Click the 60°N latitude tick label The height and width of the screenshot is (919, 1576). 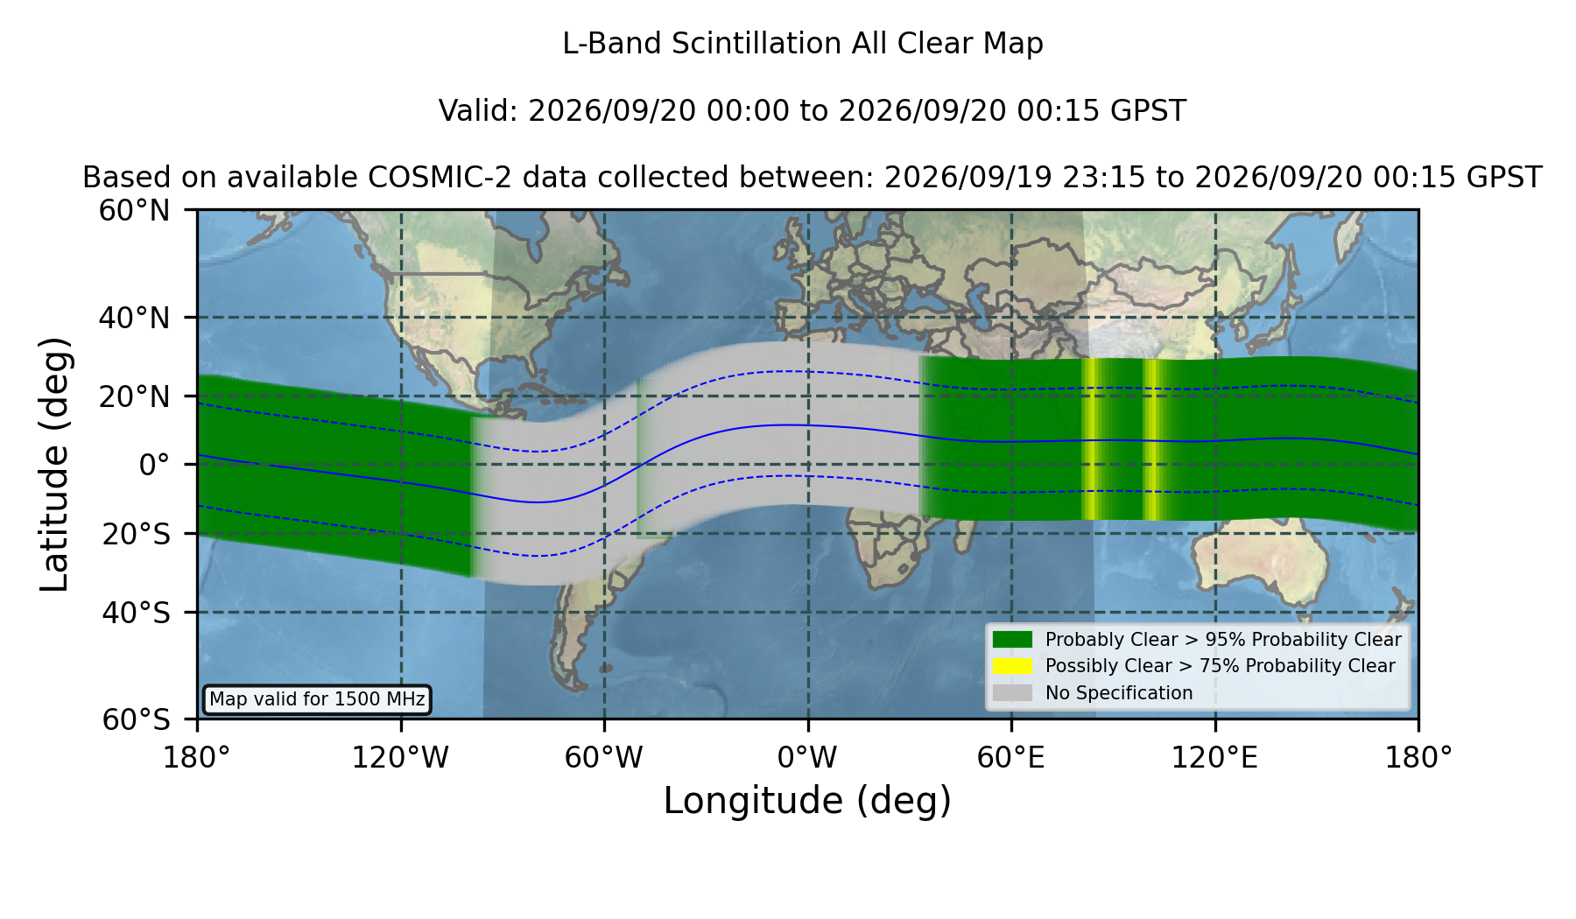pyautogui.click(x=134, y=211)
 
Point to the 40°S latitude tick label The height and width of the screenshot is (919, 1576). pyautogui.click(x=136, y=613)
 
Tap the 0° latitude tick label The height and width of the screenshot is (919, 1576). pyautogui.click(x=154, y=464)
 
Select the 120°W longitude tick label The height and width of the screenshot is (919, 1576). pyautogui.click(x=400, y=757)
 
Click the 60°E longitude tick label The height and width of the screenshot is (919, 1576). pyautogui.click(x=1011, y=757)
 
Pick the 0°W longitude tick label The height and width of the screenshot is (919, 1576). pyautogui.click(x=807, y=757)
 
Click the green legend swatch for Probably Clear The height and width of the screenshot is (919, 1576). pyautogui.click(x=1013, y=639)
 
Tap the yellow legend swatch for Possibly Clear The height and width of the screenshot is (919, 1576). pyautogui.click(x=1013, y=666)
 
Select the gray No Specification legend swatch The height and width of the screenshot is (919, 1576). pyautogui.click(x=1013, y=693)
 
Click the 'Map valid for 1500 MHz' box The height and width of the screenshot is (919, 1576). pyautogui.click(x=317, y=699)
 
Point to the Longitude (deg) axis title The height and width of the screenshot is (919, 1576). pyautogui.click(x=807, y=801)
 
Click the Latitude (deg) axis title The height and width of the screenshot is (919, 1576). pyautogui.click(x=55, y=464)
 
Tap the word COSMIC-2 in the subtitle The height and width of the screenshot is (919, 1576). pyautogui.click(x=427, y=178)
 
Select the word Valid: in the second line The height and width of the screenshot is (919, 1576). pyautogui.click(x=479, y=111)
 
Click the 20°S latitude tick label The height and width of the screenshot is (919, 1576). pyautogui.click(x=136, y=533)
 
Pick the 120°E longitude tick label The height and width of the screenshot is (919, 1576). pyautogui.click(x=1214, y=757)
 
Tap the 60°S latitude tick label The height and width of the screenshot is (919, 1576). pyautogui.click(x=136, y=719)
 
